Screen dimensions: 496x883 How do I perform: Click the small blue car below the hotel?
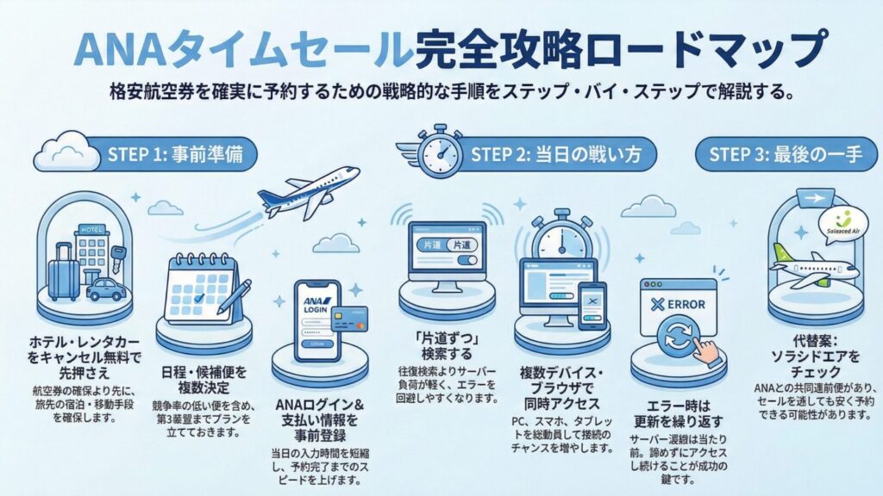coord(105,288)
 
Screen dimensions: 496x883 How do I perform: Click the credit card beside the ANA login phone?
coord(348,319)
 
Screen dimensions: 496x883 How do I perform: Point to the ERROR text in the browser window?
coord(682,304)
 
